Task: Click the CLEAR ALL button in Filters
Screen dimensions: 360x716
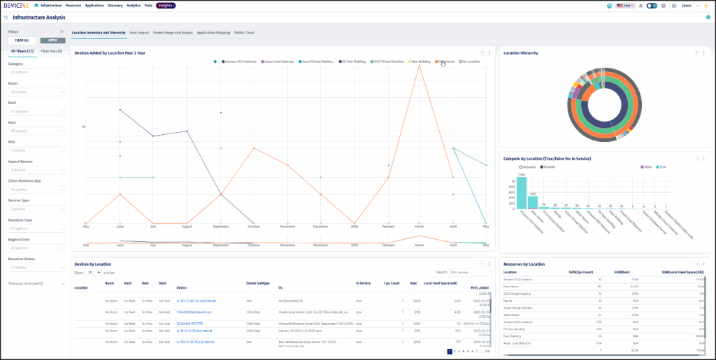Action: pos(21,41)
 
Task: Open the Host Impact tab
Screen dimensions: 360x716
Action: pos(138,32)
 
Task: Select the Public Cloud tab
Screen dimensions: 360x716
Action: pos(244,32)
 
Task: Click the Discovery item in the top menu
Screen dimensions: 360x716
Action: pos(115,5)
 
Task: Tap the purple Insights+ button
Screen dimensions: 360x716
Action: pos(166,5)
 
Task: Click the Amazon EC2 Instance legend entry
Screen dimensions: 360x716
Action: pos(240,62)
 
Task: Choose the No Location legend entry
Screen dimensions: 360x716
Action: pos(471,62)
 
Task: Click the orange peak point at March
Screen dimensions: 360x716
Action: pos(420,65)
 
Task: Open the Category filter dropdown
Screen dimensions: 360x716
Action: pos(36,73)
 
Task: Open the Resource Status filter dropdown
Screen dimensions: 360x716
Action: pos(36,268)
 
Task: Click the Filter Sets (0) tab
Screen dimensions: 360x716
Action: pos(52,51)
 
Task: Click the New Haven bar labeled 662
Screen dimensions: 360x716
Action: pos(533,202)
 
